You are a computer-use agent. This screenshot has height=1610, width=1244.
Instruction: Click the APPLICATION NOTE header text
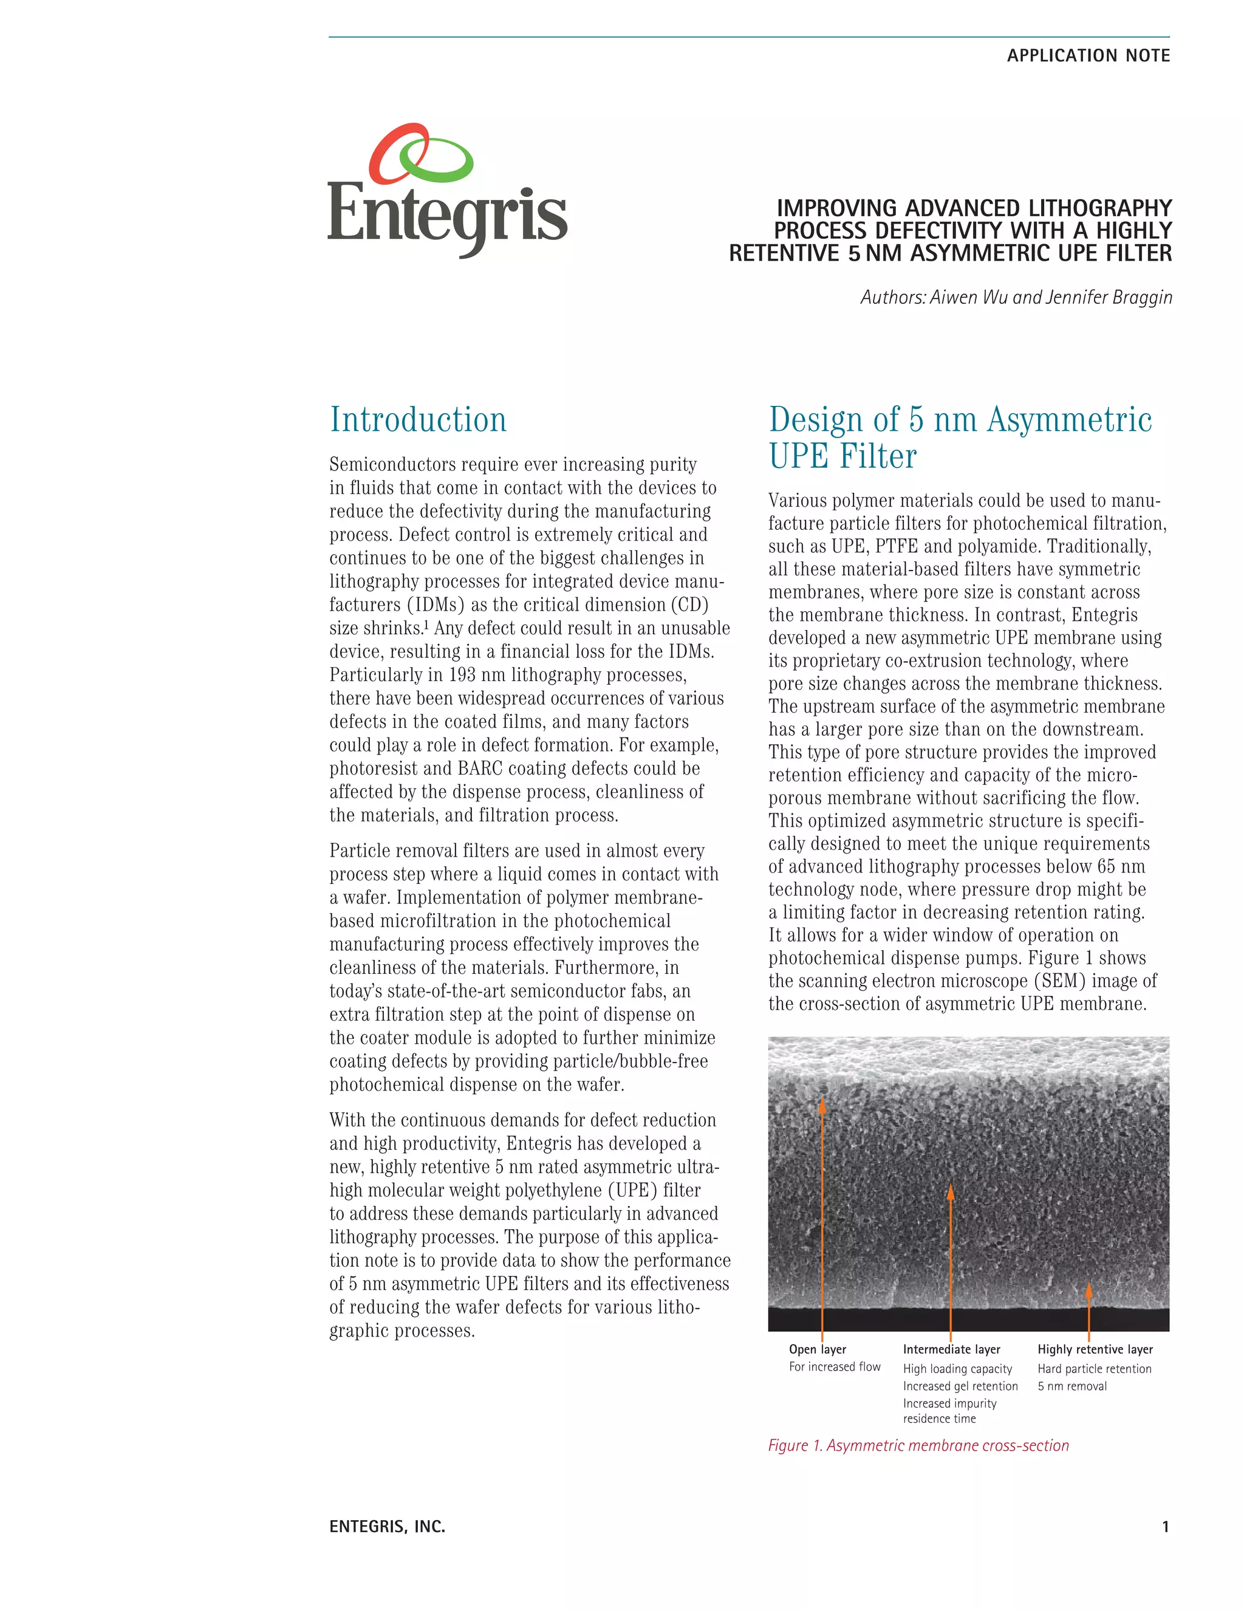click(x=1088, y=56)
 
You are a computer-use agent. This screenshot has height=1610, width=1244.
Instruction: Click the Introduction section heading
click(x=418, y=420)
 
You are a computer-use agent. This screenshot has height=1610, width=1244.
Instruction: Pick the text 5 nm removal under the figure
click(x=1072, y=1386)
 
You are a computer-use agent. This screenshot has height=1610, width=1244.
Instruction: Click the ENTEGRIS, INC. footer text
click(x=387, y=1527)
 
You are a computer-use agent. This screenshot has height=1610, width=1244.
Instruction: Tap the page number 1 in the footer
click(x=1165, y=1527)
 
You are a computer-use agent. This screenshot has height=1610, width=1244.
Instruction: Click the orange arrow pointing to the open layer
click(x=822, y=1209)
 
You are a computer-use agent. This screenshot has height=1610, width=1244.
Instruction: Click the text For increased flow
click(x=834, y=1367)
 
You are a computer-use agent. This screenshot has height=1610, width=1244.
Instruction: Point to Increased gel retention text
click(x=960, y=1386)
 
